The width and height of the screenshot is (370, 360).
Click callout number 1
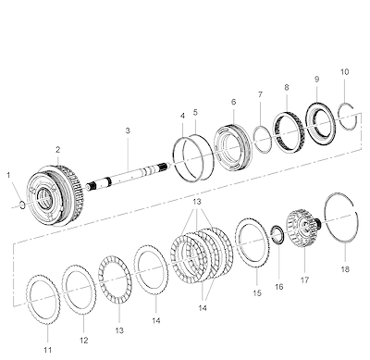click(8, 175)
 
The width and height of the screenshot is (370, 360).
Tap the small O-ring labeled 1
click(20, 205)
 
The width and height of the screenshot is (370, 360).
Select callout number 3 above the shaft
click(128, 130)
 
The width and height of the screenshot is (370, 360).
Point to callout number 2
click(58, 150)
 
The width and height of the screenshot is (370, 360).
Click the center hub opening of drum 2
click(45, 197)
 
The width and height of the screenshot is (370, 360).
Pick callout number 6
click(233, 102)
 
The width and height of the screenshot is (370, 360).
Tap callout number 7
click(260, 94)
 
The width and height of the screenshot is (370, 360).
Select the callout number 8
click(287, 87)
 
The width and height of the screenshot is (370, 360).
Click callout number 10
click(345, 72)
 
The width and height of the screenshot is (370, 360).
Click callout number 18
click(345, 269)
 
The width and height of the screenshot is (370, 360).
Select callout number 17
click(304, 280)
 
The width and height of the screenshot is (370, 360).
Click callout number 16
click(278, 287)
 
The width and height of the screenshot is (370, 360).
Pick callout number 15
click(257, 293)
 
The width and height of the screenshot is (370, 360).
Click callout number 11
click(47, 350)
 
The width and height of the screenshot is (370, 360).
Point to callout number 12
click(84, 341)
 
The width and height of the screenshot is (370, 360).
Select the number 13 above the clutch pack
click(197, 202)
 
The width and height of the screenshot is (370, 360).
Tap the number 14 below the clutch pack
click(203, 308)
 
